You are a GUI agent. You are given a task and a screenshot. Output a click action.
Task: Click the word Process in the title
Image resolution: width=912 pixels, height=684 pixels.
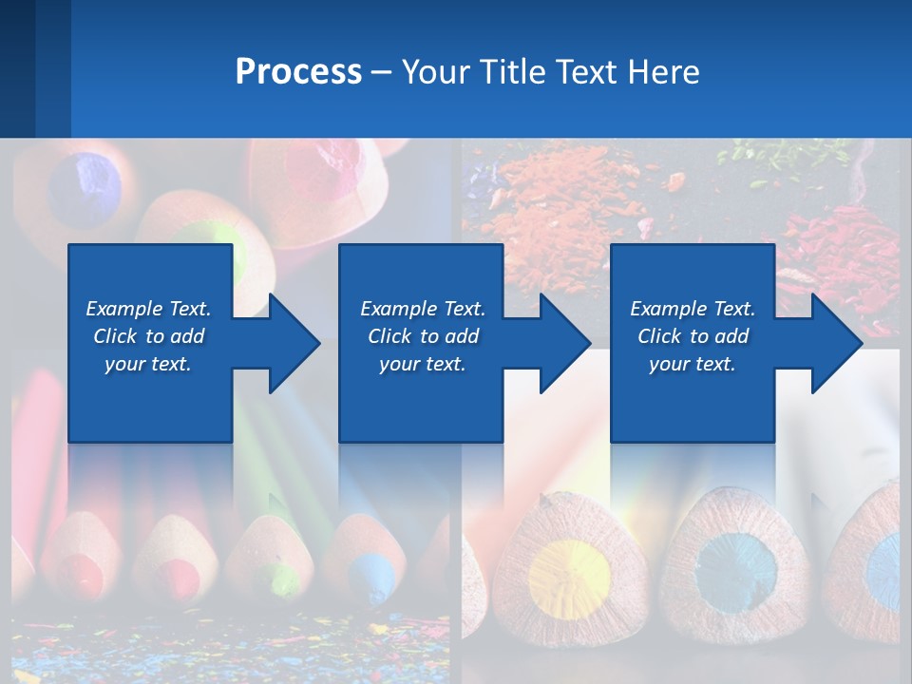point(298,72)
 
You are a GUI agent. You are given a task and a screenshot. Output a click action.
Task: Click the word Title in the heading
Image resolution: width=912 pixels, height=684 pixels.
point(513,72)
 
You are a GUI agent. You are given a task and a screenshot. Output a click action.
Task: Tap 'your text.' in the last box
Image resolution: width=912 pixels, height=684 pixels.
point(692,364)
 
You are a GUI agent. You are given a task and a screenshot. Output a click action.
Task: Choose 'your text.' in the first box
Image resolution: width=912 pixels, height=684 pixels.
point(148,364)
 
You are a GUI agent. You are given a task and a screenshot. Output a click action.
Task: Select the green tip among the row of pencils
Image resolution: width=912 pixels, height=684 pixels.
point(281,574)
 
